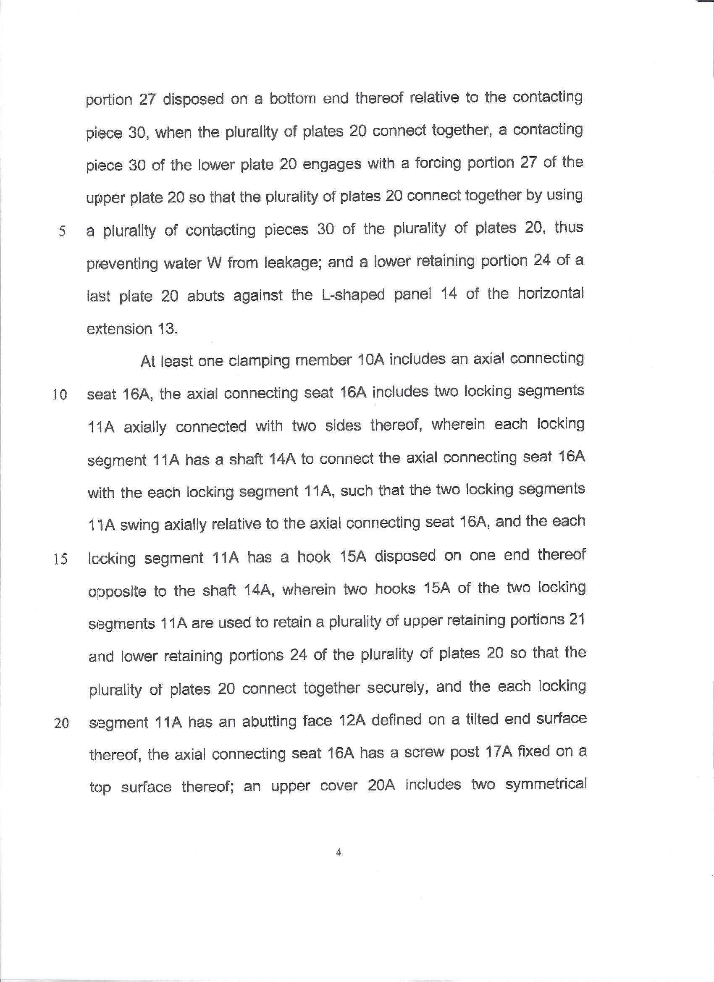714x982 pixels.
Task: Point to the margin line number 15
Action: [x=60, y=560]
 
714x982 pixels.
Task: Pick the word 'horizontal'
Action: [x=550, y=294]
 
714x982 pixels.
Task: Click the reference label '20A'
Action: [x=381, y=785]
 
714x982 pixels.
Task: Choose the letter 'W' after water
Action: [x=214, y=263]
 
